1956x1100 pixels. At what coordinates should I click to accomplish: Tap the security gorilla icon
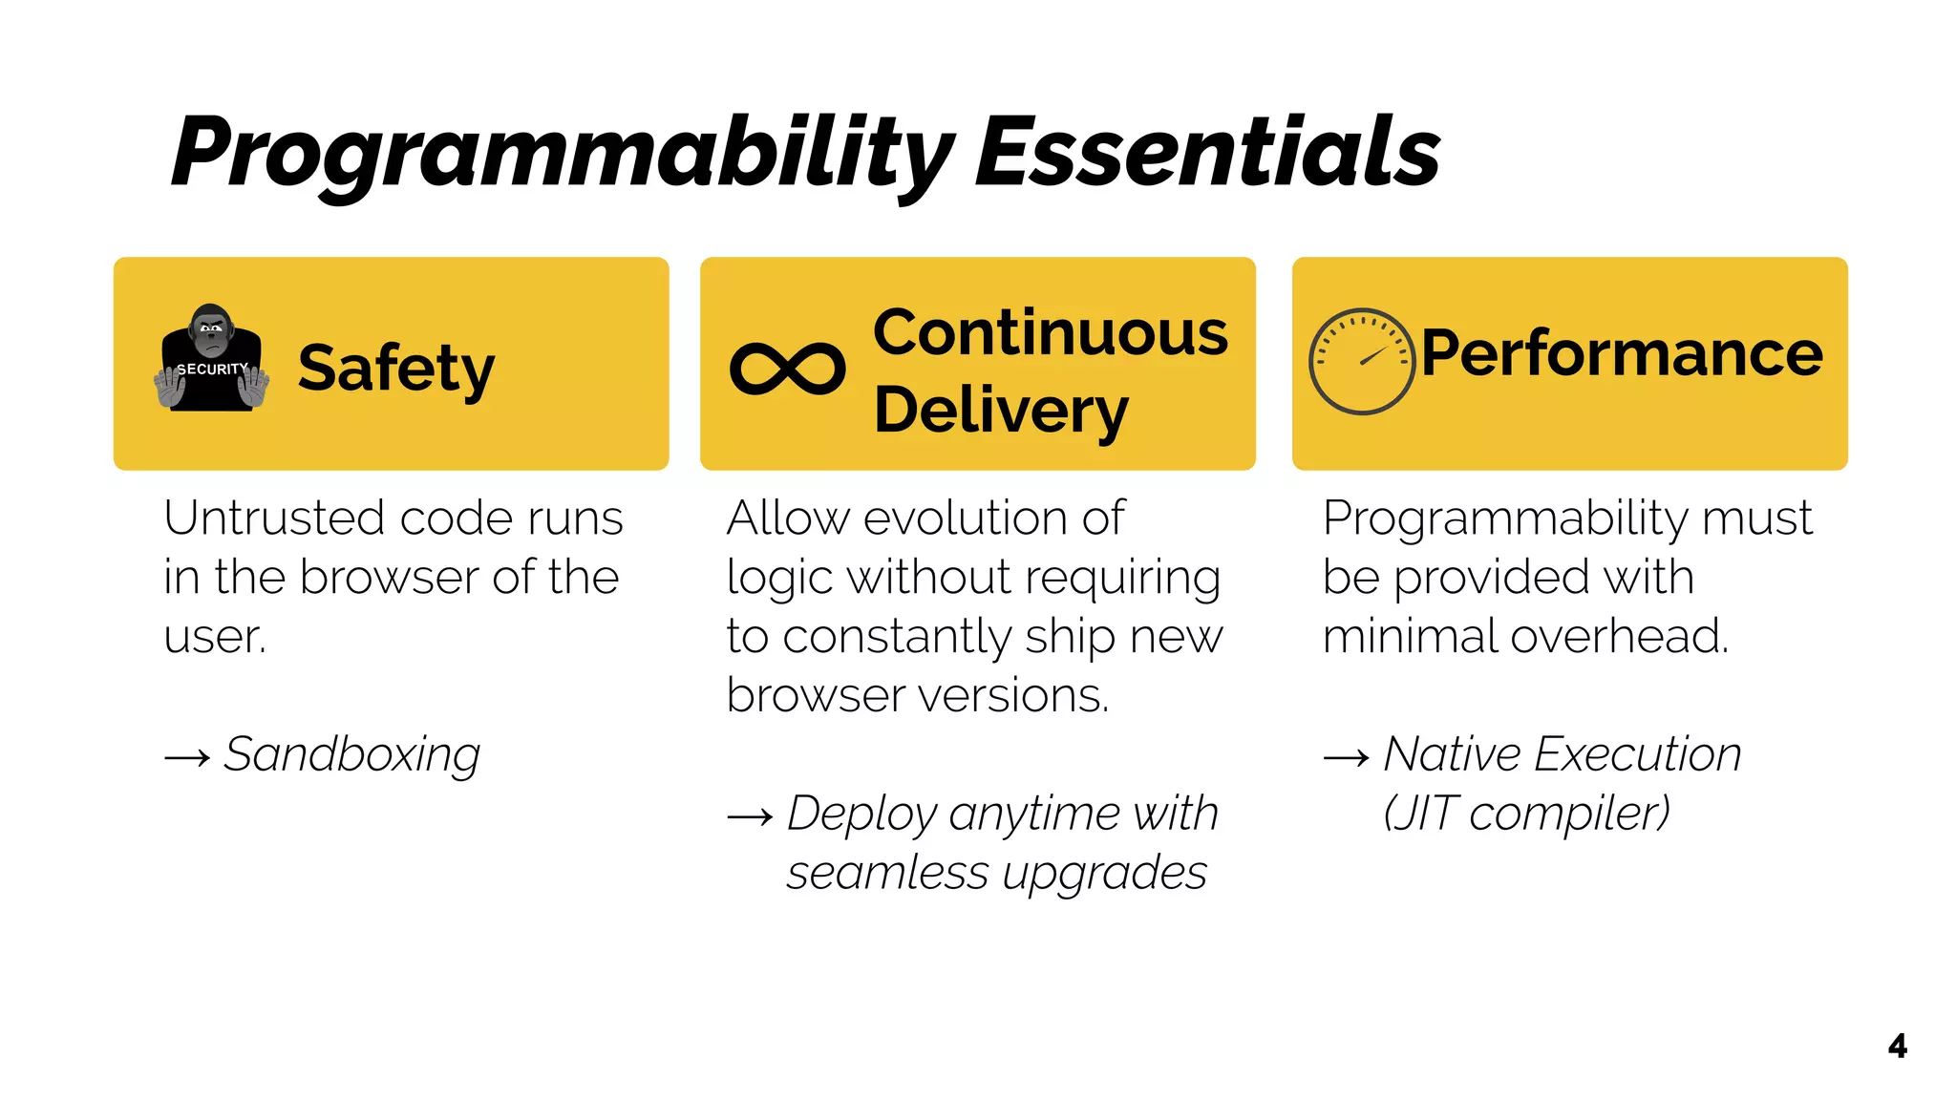[x=211, y=360]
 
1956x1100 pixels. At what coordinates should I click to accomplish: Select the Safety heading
[x=395, y=369]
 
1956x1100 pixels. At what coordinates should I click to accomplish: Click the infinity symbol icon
[x=787, y=369]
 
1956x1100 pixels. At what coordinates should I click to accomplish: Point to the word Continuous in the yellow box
[x=1050, y=333]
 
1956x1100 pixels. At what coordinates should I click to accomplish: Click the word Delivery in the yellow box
[x=1000, y=411]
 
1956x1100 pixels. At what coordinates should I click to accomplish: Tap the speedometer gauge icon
[x=1361, y=361]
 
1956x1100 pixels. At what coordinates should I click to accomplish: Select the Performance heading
[x=1621, y=353]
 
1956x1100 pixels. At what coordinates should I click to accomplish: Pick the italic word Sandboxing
[x=351, y=754]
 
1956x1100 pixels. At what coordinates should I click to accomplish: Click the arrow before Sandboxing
[x=187, y=758]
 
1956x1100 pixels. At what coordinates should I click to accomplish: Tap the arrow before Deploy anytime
[x=750, y=817]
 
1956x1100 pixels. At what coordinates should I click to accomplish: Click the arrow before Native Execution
[x=1347, y=758]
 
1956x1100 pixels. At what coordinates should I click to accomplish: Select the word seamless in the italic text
[x=887, y=873]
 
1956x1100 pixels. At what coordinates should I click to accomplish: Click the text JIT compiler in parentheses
[x=1526, y=814]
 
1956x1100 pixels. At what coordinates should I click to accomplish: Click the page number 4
[x=1897, y=1047]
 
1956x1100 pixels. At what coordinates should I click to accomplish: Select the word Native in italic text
[x=1452, y=754]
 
